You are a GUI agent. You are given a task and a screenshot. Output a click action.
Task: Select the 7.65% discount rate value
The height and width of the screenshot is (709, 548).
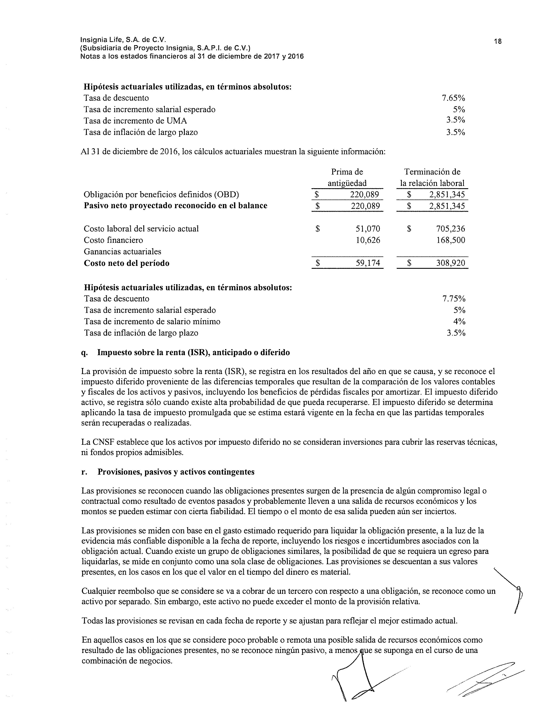[453, 98]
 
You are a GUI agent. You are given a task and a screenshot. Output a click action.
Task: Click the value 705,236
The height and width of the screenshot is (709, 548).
[450, 229]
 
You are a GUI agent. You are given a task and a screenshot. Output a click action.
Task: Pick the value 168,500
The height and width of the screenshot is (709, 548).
[450, 240]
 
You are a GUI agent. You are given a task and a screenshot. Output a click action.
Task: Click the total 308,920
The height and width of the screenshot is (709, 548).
[450, 263]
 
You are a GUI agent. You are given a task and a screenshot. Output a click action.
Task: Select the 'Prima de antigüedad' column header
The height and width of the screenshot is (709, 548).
[347, 177]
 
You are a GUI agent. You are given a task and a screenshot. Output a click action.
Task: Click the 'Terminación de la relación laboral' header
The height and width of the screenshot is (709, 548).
[432, 177]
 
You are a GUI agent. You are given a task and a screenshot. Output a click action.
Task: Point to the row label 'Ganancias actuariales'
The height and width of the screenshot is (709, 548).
[122, 252]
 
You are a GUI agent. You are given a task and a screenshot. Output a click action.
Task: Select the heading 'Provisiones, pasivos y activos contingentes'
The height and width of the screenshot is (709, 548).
[176, 472]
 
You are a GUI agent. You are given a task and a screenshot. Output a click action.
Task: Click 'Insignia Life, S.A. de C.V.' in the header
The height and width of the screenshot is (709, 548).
[123, 40]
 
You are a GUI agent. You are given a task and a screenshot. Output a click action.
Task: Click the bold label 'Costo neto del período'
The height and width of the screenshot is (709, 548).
[127, 263]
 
